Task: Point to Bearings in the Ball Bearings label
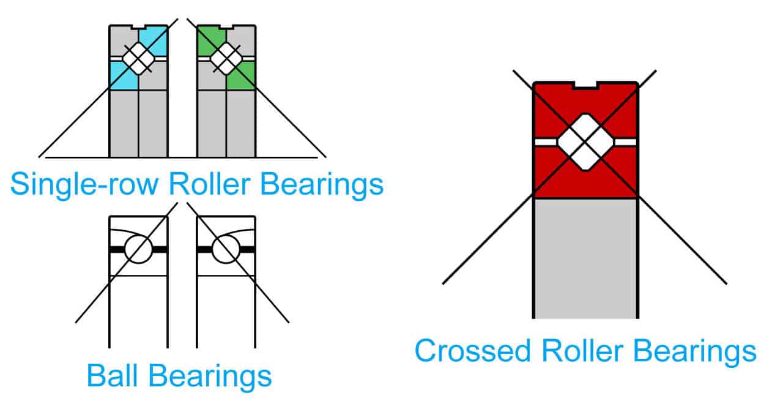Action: coord(213,376)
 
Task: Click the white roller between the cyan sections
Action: coord(139,59)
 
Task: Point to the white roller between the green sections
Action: coord(226,59)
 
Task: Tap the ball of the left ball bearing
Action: coord(138,249)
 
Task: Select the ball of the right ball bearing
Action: coord(226,249)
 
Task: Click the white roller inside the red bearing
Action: coord(585,141)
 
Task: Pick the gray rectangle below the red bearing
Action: coord(585,257)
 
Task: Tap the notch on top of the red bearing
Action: coord(585,86)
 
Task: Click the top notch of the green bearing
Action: coord(226,28)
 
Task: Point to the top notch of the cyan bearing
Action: coord(139,28)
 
